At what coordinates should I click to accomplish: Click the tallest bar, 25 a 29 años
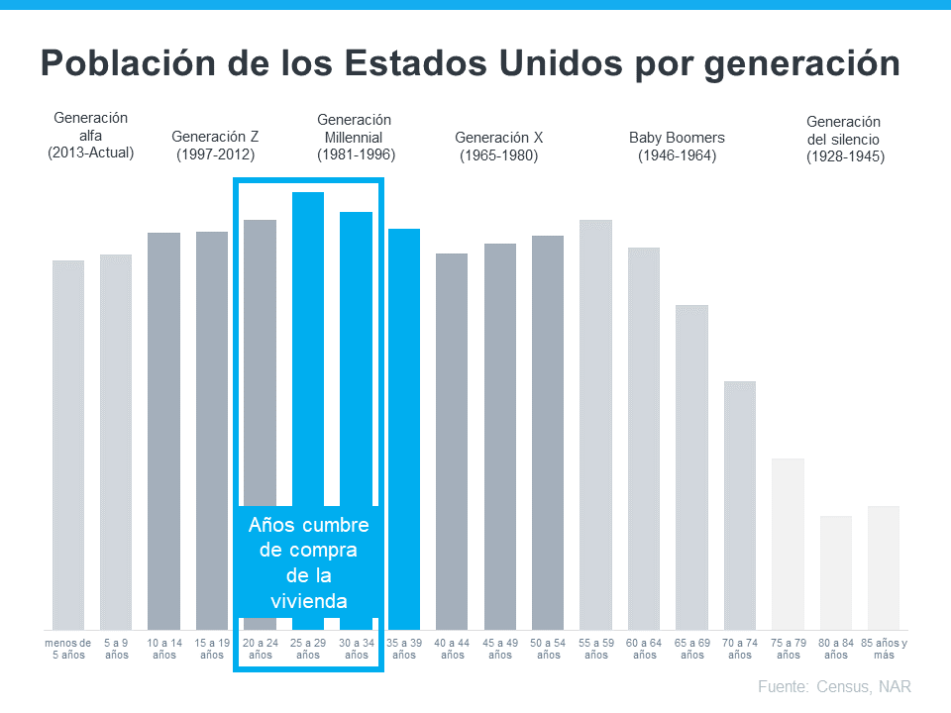pyautogui.click(x=308, y=347)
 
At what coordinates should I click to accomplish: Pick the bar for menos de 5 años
pyautogui.click(x=68, y=445)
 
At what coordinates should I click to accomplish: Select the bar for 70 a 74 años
pyautogui.click(x=740, y=505)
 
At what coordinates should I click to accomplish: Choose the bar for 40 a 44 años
pyautogui.click(x=452, y=441)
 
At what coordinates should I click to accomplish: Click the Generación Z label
pyautogui.click(x=215, y=146)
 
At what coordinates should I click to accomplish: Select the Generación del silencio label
pyautogui.click(x=844, y=139)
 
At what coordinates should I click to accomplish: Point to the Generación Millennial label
pyautogui.click(x=355, y=137)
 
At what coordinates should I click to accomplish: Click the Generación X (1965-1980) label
pyautogui.click(x=498, y=146)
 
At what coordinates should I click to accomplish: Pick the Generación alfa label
pyautogui.click(x=90, y=136)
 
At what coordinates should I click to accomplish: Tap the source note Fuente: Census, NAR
pyautogui.click(x=833, y=686)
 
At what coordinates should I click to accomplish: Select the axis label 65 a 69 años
pyautogui.click(x=691, y=649)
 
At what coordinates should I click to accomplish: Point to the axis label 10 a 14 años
pyautogui.click(x=164, y=649)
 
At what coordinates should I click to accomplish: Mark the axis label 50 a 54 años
pyautogui.click(x=548, y=649)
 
